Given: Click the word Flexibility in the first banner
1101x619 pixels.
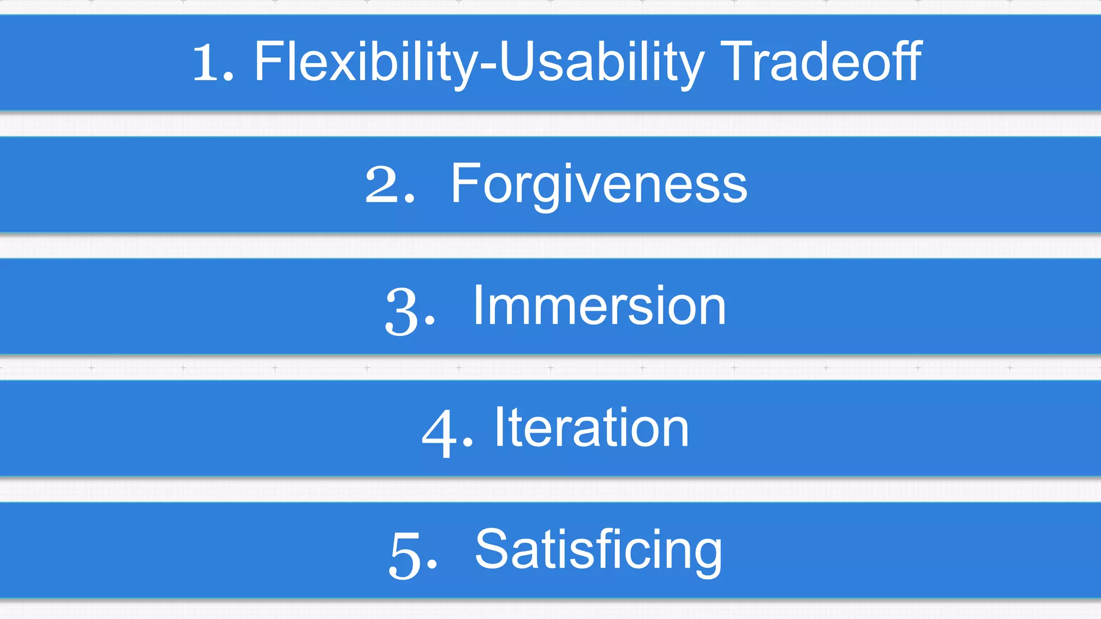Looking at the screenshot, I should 366,62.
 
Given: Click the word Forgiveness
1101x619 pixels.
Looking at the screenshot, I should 599,184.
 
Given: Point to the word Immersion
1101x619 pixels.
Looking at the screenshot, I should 599,306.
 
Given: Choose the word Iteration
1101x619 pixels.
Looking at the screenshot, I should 591,428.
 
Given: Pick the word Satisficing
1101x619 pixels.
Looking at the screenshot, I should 598,550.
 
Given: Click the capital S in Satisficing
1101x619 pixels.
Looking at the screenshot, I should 491,549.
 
